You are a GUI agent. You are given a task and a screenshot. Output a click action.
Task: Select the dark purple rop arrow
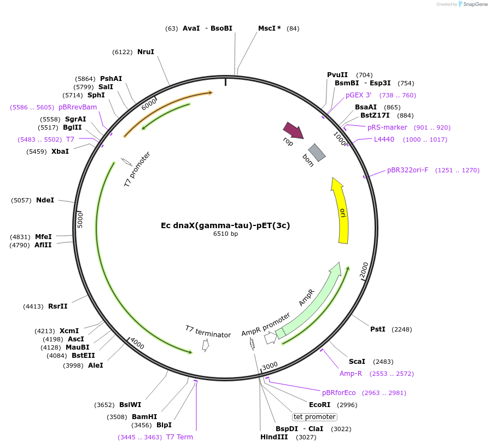click(x=293, y=130)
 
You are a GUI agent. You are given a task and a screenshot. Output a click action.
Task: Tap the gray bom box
click(x=317, y=153)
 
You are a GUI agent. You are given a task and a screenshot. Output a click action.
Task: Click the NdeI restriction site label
click(x=45, y=200)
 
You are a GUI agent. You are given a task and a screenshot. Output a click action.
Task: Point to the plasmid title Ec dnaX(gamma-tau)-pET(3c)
click(x=225, y=225)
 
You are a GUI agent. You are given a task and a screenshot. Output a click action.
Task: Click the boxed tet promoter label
click(x=314, y=417)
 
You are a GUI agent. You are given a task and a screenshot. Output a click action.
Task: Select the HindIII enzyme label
click(x=274, y=437)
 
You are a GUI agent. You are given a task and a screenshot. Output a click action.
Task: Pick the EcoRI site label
click(x=320, y=405)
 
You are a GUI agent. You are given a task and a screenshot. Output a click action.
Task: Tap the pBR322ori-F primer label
click(x=407, y=170)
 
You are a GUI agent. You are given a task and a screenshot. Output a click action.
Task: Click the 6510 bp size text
click(x=226, y=234)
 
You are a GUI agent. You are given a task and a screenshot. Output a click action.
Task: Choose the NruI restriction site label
click(x=145, y=52)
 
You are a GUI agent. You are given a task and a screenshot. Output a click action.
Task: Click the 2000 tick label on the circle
click(x=364, y=269)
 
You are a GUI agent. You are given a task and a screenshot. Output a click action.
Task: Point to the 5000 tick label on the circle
click(x=80, y=220)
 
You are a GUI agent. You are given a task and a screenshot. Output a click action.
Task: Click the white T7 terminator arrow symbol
click(x=206, y=345)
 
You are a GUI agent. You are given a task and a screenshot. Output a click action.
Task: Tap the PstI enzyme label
click(x=378, y=329)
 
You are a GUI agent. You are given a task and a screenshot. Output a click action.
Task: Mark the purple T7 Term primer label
click(x=179, y=437)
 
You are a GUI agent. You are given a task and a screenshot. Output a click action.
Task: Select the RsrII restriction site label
click(x=58, y=306)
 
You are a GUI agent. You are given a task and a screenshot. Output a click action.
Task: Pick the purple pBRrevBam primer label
click(x=78, y=107)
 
